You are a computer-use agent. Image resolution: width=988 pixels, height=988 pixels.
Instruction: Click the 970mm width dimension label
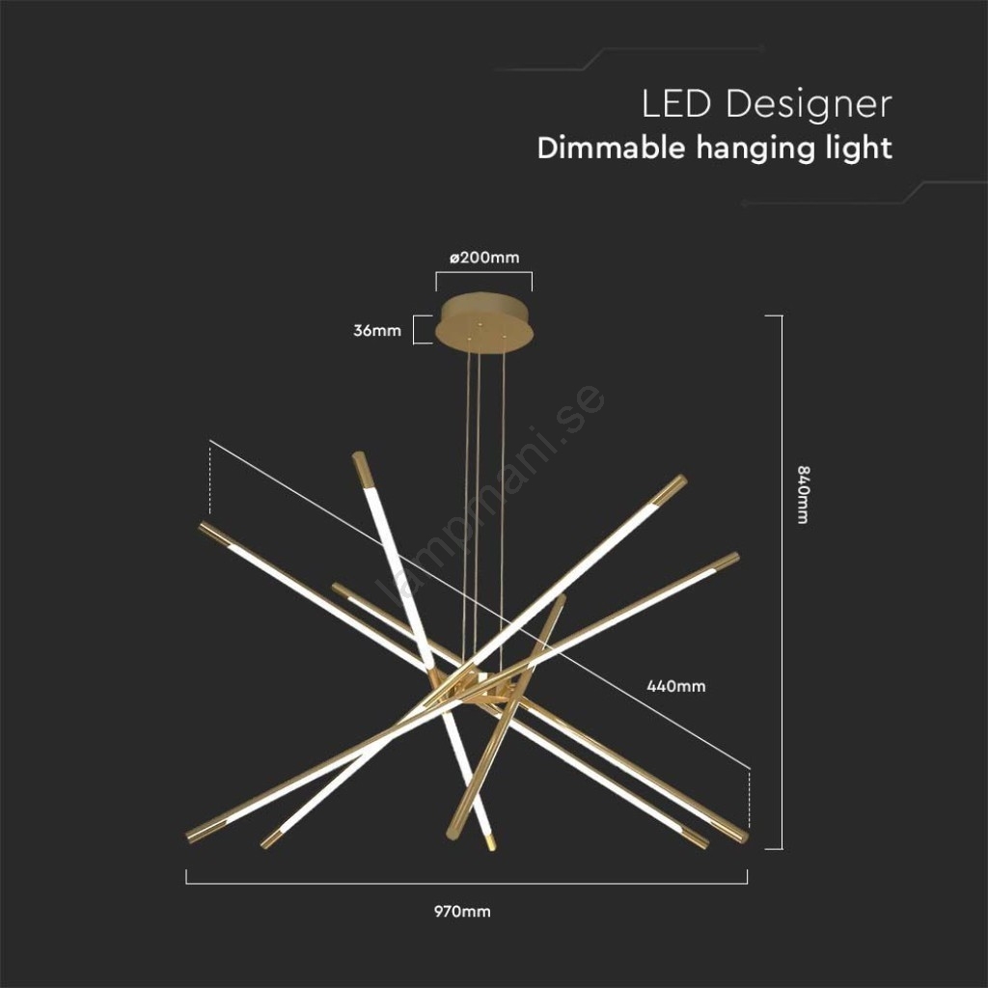(x=462, y=911)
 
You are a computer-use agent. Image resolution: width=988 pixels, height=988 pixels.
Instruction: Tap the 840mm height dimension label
(x=803, y=495)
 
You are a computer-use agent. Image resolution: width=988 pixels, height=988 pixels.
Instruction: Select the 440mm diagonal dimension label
(x=676, y=686)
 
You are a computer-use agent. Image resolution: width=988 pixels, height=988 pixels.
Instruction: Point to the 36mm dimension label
(x=377, y=330)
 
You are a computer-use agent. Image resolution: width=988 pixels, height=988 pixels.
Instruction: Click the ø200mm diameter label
(x=484, y=257)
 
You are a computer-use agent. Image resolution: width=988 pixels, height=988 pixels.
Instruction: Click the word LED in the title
(x=676, y=104)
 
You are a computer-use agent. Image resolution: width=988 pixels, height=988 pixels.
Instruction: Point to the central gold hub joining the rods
(x=474, y=690)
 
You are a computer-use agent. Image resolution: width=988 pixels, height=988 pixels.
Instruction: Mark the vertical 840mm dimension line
(x=782, y=582)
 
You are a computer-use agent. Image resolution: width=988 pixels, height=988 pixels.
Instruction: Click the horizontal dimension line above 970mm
(x=467, y=883)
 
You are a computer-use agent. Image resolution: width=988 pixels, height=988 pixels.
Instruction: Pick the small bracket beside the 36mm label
(x=418, y=330)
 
